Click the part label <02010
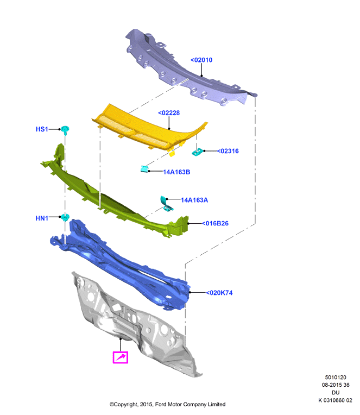pyautogui.click(x=201, y=60)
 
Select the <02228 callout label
pyautogui.click(x=169, y=113)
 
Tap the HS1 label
pyautogui.click(x=42, y=129)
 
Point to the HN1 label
pyautogui.click(x=42, y=218)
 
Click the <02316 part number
pyautogui.click(x=228, y=151)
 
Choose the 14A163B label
pyautogui.click(x=176, y=172)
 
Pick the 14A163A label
pyautogui.click(x=194, y=200)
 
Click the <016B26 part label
pyautogui.click(x=215, y=223)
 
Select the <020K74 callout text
pyautogui.click(x=219, y=293)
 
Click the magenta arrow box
pyautogui.click(x=121, y=357)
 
